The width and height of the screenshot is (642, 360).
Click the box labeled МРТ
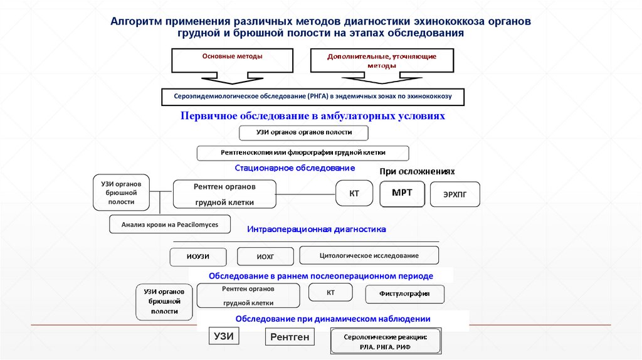[x=402, y=193]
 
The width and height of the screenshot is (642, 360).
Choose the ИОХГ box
[x=266, y=257]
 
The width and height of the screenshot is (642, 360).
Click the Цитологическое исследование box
[x=369, y=255]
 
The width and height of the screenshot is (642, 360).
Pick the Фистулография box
[x=405, y=294]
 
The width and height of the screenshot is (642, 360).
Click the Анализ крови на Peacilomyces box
[x=170, y=224]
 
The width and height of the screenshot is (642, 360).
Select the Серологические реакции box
[x=386, y=341]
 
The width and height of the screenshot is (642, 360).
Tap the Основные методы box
[x=232, y=61]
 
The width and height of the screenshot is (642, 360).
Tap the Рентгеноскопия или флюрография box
[x=303, y=153]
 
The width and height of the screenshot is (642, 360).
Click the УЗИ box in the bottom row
[x=224, y=336]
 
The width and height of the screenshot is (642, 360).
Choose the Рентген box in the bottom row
[x=290, y=337]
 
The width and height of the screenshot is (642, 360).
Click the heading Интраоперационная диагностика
[x=316, y=230]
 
